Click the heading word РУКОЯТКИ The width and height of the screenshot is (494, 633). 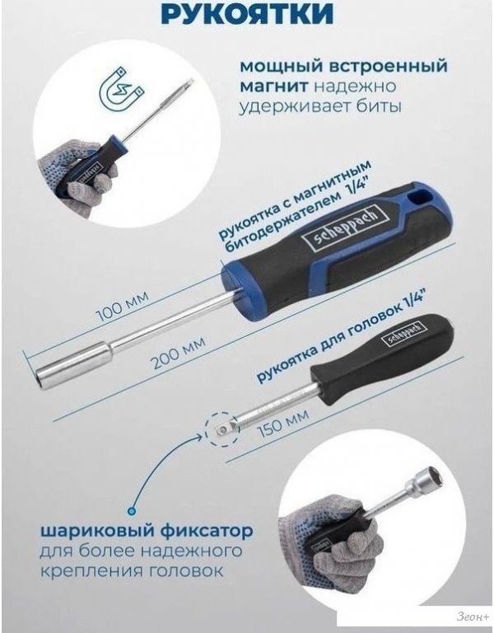click(247, 13)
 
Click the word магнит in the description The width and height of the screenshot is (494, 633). click(275, 86)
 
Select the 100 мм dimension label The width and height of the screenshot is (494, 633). click(123, 306)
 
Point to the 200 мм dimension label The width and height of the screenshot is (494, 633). click(178, 354)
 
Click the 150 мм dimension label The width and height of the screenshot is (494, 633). click(283, 424)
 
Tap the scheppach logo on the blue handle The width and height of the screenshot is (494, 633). click(344, 228)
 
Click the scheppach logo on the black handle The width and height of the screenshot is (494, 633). click(402, 334)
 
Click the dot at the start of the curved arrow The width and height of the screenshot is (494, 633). click(131, 512)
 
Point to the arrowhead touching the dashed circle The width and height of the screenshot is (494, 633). click(199, 435)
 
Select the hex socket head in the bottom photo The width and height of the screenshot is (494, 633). click(429, 478)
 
